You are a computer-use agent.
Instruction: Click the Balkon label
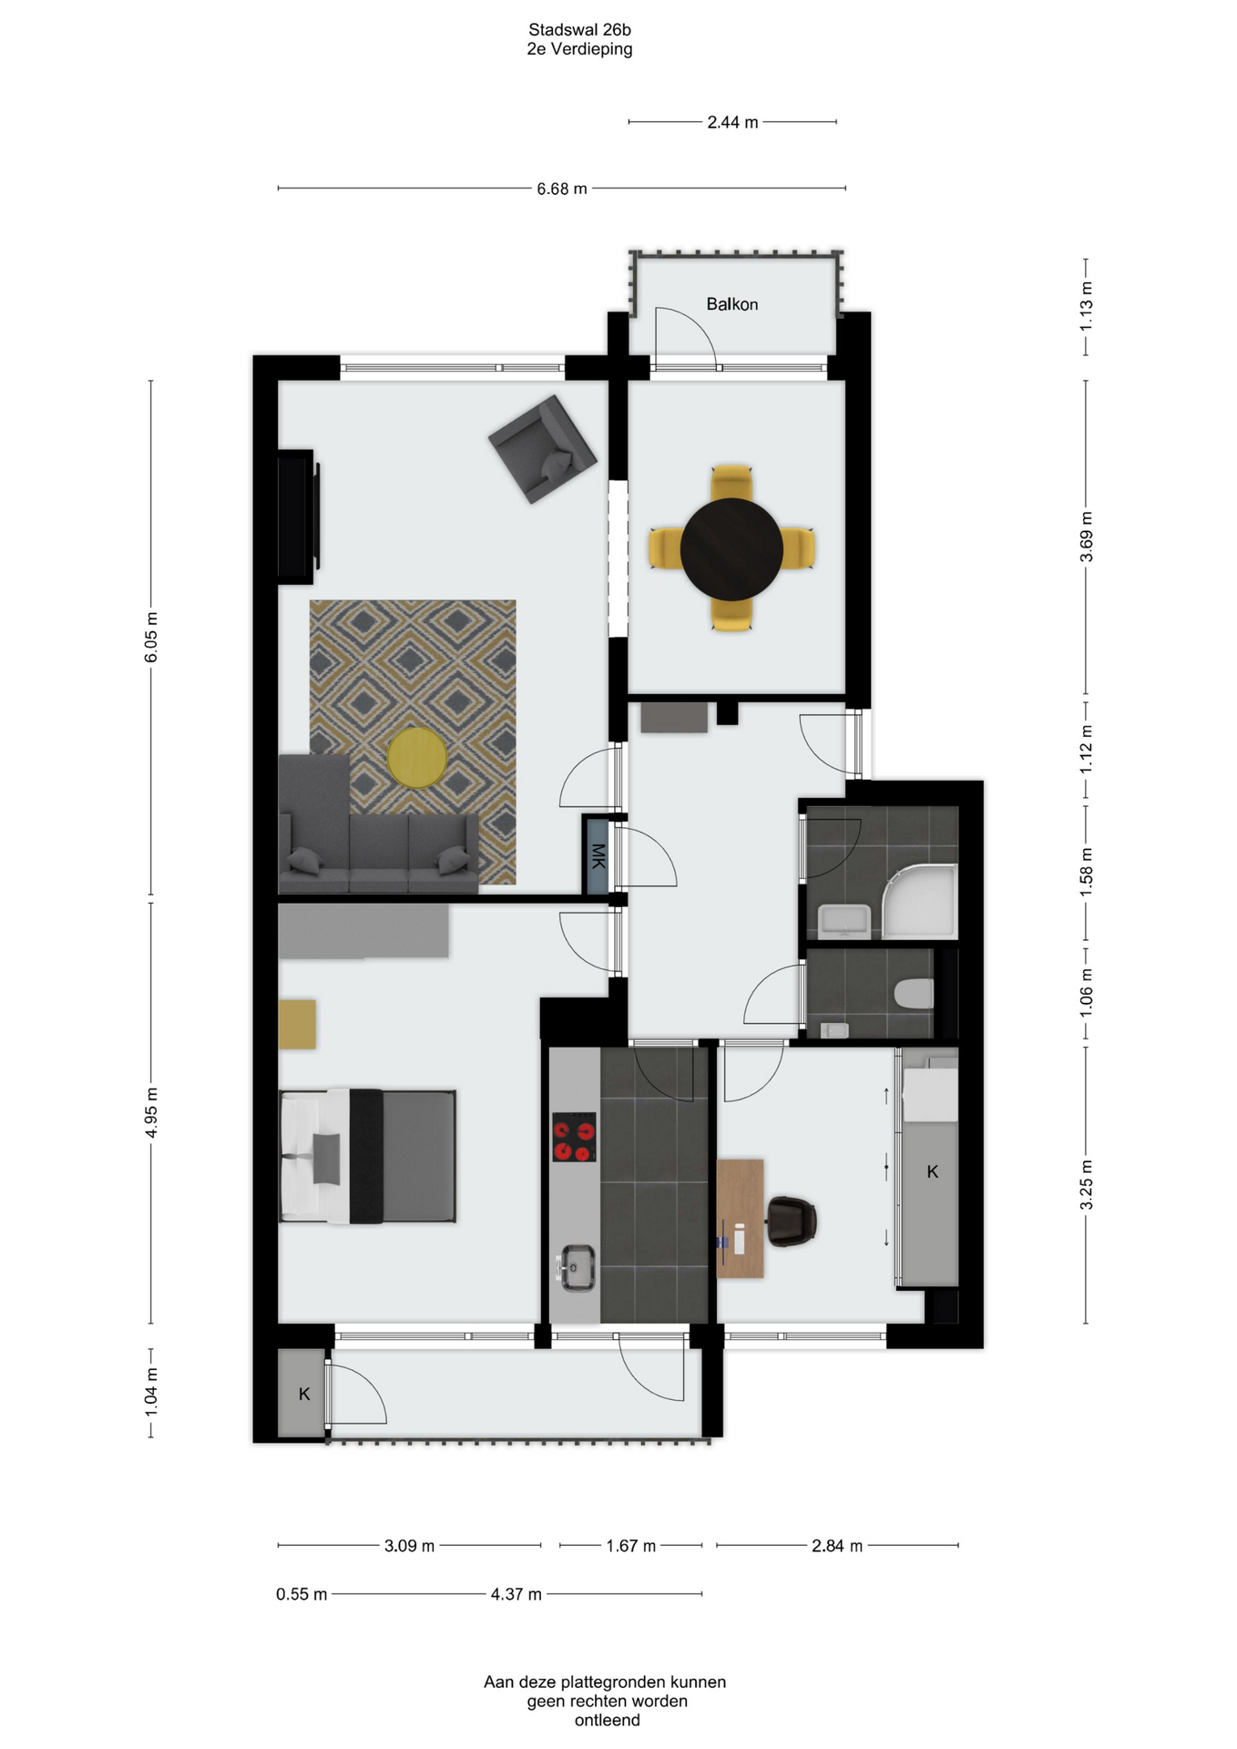(x=731, y=304)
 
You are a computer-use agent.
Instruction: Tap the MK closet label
(x=598, y=855)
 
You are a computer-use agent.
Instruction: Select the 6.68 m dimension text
(x=562, y=189)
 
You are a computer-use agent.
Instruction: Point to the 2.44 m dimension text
(x=732, y=122)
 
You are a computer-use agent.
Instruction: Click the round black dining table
(x=731, y=548)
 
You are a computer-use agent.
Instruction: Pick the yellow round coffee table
(x=417, y=757)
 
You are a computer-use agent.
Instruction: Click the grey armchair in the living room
(x=543, y=448)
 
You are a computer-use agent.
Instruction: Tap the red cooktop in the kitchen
(x=574, y=1137)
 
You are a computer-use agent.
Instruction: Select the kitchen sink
(x=576, y=1267)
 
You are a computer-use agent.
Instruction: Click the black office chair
(x=791, y=1221)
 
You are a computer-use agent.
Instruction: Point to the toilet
(x=915, y=993)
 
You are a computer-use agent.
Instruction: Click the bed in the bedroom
(x=367, y=1155)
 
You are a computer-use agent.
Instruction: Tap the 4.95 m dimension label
(x=152, y=1112)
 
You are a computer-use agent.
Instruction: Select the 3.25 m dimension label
(x=1086, y=1185)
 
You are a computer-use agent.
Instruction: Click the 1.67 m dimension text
(x=630, y=1546)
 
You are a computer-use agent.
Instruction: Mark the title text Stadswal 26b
(x=579, y=30)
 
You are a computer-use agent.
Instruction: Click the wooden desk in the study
(x=740, y=1219)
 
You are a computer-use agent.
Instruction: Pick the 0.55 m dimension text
(x=302, y=1594)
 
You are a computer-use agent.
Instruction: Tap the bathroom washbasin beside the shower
(x=844, y=921)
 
